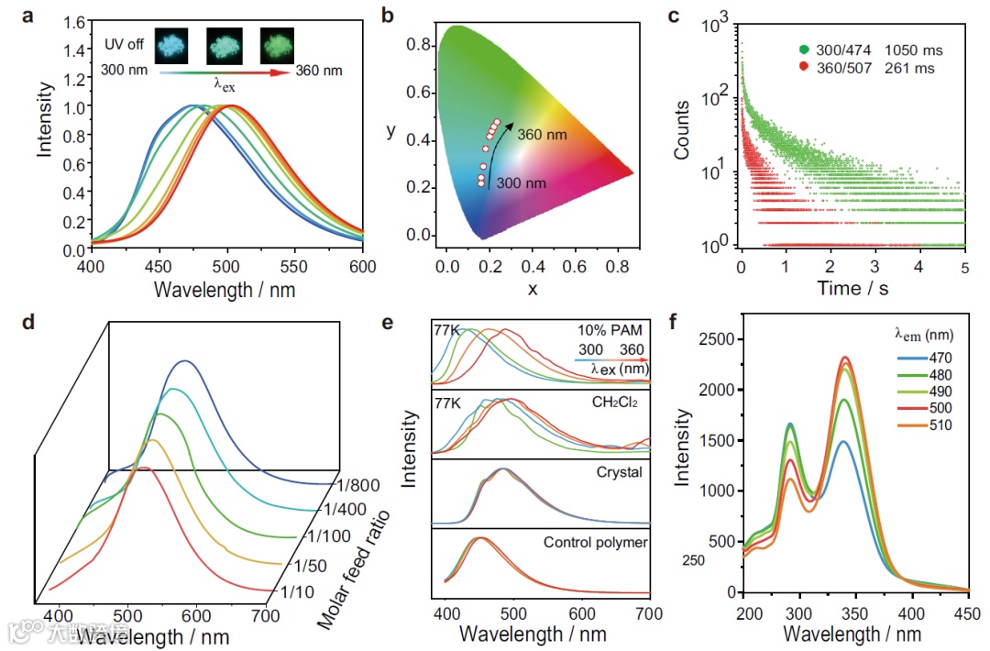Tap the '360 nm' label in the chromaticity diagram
tap(543, 134)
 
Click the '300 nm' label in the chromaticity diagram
tap(521, 183)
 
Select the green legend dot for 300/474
tap(804, 50)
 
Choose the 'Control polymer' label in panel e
tap(596, 542)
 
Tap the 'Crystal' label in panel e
tap(618, 471)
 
